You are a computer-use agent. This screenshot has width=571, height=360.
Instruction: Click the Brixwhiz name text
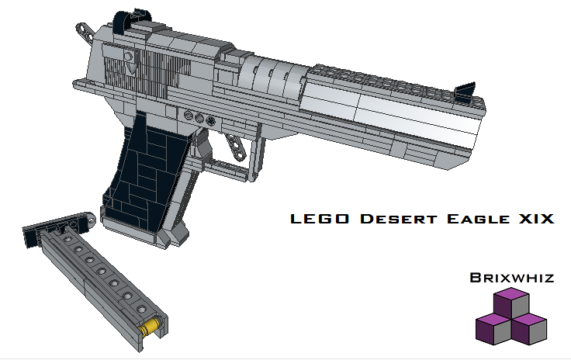click(x=512, y=277)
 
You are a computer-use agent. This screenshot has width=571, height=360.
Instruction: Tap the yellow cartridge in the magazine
click(x=151, y=325)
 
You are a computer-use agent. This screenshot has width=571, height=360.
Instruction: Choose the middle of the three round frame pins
click(x=199, y=118)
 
